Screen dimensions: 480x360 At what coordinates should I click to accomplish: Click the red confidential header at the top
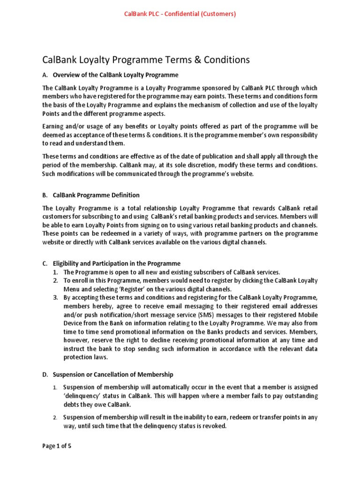pos(180,14)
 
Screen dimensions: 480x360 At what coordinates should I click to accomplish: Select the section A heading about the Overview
pos(116,75)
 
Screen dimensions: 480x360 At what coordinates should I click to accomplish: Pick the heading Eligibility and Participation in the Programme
pos(117,263)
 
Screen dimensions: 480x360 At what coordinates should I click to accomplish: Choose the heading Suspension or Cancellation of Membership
pos(113,375)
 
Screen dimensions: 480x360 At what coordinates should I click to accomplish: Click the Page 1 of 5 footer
pos(57,446)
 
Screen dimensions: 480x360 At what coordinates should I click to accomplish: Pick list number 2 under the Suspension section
pos(55,417)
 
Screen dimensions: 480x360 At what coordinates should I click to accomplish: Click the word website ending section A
pos(240,173)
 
